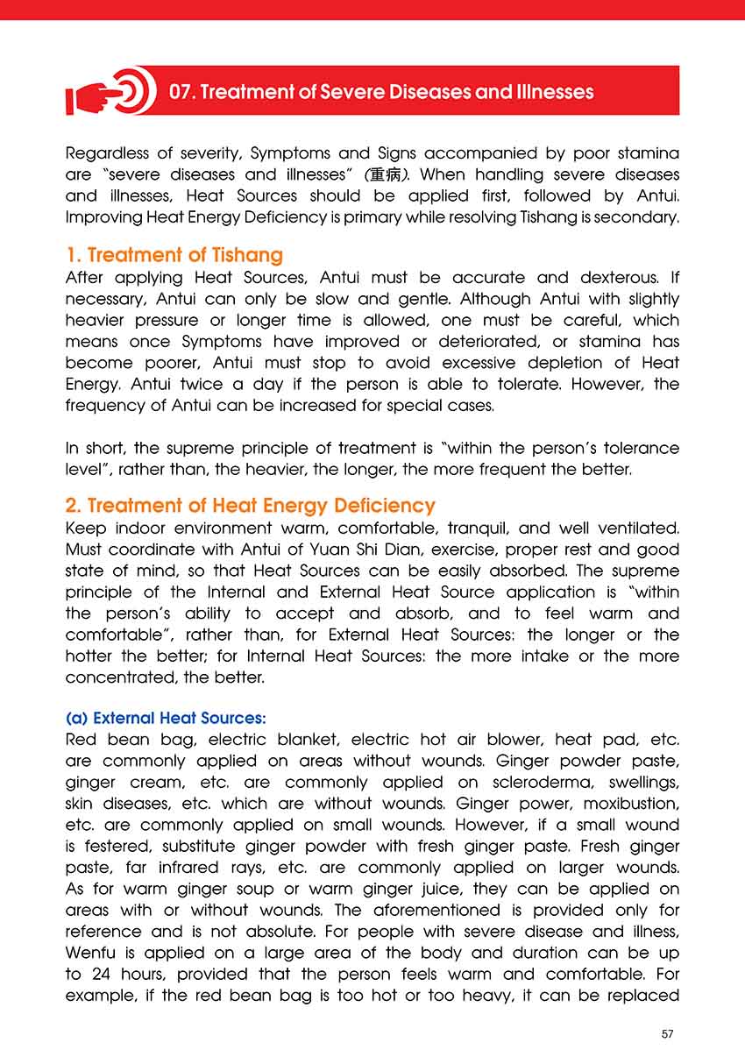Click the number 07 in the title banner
tap(181, 92)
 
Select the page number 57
tap(668, 1034)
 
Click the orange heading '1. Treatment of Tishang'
tap(174, 256)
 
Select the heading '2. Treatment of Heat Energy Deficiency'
tap(251, 506)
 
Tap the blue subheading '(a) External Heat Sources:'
tap(153, 719)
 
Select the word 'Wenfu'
tap(95, 953)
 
